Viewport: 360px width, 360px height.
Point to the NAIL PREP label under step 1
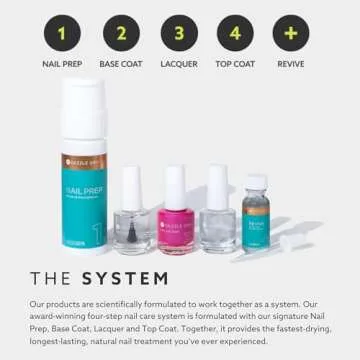(62, 64)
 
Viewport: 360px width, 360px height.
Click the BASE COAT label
(121, 64)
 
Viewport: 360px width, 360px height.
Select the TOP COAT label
(235, 64)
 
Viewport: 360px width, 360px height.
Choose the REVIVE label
(291, 64)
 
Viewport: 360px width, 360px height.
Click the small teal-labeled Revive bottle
(257, 224)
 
